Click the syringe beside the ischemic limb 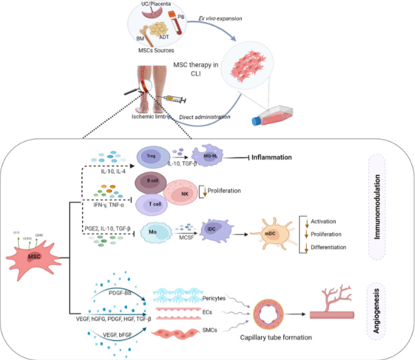point(173,98)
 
